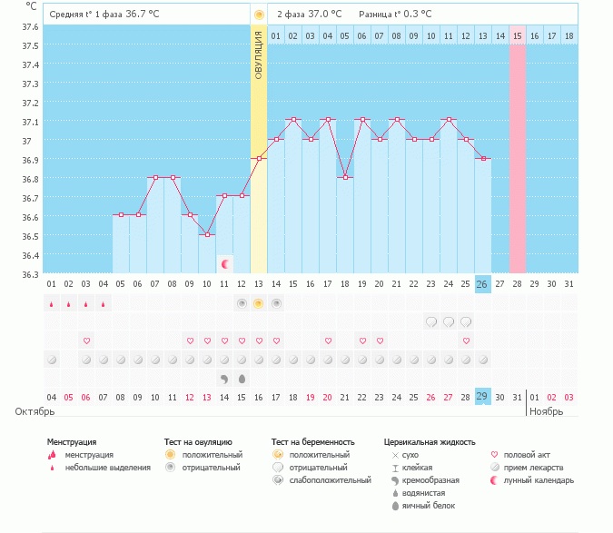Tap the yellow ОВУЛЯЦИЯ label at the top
pyautogui.click(x=259, y=54)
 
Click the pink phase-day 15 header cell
pyautogui.click(x=518, y=35)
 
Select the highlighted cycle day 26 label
pyautogui.click(x=483, y=283)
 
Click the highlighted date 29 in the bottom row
pyautogui.click(x=483, y=397)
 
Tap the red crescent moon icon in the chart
pyautogui.click(x=225, y=263)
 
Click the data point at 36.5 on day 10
pyautogui.click(x=207, y=235)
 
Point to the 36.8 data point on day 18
pyautogui.click(x=345, y=178)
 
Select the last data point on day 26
pyautogui.click(x=483, y=159)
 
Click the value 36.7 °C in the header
pyautogui.click(x=142, y=15)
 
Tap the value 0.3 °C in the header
pyautogui.click(x=415, y=15)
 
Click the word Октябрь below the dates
pyautogui.click(x=36, y=411)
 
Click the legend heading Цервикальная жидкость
pyautogui.click(x=430, y=442)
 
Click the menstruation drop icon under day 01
pyautogui.click(x=52, y=303)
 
